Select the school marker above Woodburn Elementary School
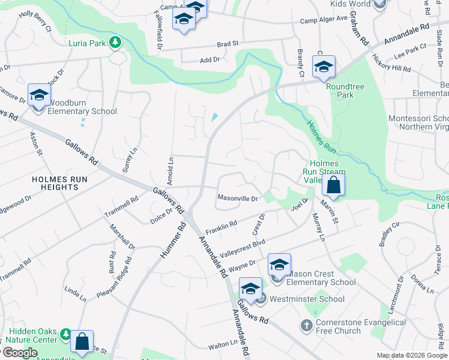pos(40,95)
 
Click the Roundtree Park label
pos(345,91)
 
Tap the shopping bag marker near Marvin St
pos(334,185)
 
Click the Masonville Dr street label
pos(237,198)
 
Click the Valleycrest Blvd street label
pos(242,247)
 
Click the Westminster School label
pos(307,299)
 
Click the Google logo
pos(19,353)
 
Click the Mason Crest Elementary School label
pos(321,278)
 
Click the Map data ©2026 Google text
pos(411,355)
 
